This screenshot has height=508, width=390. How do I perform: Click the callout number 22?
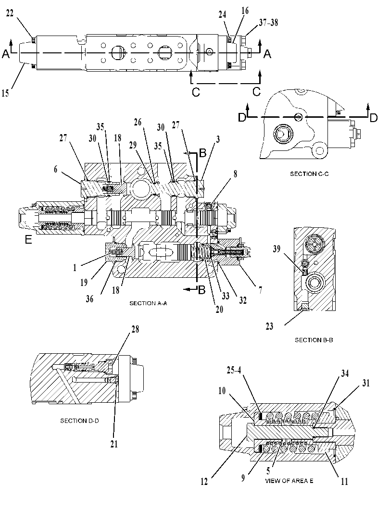pos(10,14)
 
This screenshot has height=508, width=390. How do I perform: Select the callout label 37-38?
pos(268,23)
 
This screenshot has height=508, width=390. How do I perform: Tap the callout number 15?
pos(5,93)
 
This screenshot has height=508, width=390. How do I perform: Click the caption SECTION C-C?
pos(309,174)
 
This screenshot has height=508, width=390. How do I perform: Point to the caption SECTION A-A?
pos(148,303)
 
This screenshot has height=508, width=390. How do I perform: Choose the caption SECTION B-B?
pos(314,340)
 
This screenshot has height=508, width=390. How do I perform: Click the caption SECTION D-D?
pos(79,421)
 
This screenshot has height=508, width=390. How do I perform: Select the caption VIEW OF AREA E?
pos(289,481)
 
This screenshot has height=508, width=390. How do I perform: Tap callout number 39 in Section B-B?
pos(277,249)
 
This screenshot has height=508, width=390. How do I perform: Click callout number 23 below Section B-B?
pos(269,326)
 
